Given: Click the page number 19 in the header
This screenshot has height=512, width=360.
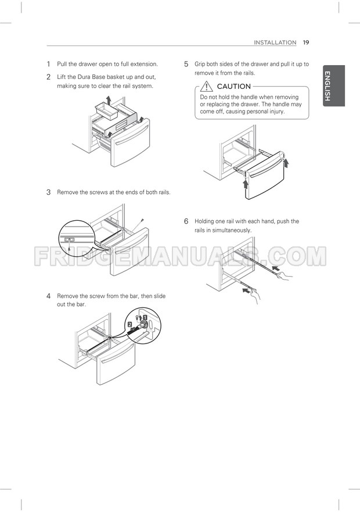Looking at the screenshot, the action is [x=305, y=42].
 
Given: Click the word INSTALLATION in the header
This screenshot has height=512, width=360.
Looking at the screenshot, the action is [x=275, y=42].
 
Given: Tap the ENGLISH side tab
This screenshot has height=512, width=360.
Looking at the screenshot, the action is [x=333, y=85].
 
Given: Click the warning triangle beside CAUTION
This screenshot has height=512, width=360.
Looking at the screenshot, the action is [x=206, y=86].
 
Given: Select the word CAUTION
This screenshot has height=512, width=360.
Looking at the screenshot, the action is [x=233, y=87].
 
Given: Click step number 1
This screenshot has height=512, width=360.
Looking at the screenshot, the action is [x=49, y=64].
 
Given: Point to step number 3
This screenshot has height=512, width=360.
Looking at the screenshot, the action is [x=49, y=192].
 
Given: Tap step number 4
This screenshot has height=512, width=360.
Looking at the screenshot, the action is [x=49, y=296].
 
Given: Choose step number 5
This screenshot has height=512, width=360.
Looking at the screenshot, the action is [x=186, y=64].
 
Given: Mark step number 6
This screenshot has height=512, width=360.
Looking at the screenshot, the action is [x=186, y=221].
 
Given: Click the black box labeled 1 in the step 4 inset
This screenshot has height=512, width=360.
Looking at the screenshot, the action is [x=145, y=317].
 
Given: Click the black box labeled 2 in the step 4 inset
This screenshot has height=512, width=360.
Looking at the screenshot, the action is [x=129, y=324].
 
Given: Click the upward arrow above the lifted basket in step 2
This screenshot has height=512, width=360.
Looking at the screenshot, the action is [x=109, y=99].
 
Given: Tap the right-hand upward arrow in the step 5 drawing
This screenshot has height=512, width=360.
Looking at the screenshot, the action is [x=286, y=162].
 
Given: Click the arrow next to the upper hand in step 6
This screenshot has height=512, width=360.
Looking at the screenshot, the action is [x=276, y=268].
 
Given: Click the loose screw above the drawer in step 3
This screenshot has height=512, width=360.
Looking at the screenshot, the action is [x=141, y=221].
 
